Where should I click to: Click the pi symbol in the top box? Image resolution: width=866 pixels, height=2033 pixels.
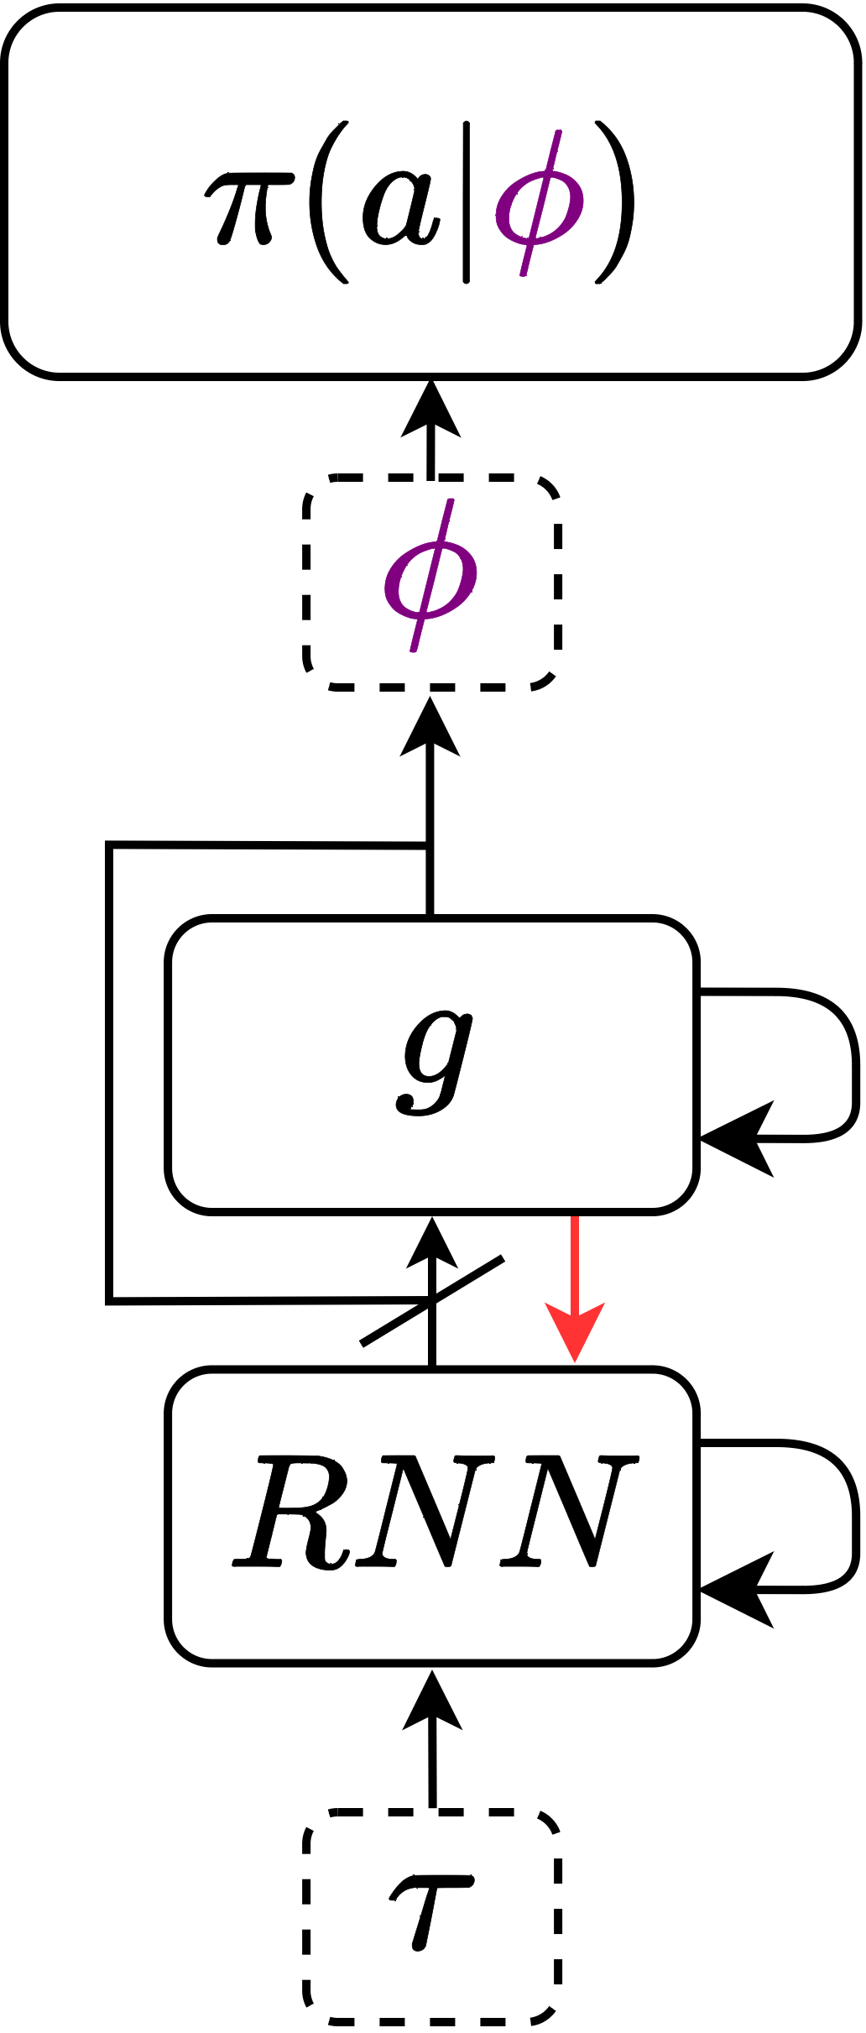pyautogui.click(x=249, y=206)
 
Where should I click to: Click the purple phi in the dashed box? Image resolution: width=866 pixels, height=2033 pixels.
pyautogui.click(x=430, y=576)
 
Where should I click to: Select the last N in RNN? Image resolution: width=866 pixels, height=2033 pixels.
pyautogui.click(x=570, y=1511)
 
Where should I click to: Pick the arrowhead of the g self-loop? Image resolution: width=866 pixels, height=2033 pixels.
pyautogui.click(x=734, y=1139)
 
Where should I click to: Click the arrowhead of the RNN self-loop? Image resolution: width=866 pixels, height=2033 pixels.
pyautogui.click(x=734, y=1590)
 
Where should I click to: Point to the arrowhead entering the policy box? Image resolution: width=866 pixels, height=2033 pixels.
pyautogui.click(x=430, y=411)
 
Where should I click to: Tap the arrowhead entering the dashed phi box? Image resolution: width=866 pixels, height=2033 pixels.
pyautogui.click(x=430, y=729)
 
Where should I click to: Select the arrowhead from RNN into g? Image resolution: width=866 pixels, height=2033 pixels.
pyautogui.click(x=431, y=1244)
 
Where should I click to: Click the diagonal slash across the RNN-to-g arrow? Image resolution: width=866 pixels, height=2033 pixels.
pyautogui.click(x=432, y=1300)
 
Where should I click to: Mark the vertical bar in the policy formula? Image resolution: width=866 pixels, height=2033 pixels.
pyautogui.click(x=467, y=202)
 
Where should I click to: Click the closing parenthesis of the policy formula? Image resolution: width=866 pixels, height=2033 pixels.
pyautogui.click(x=616, y=202)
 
